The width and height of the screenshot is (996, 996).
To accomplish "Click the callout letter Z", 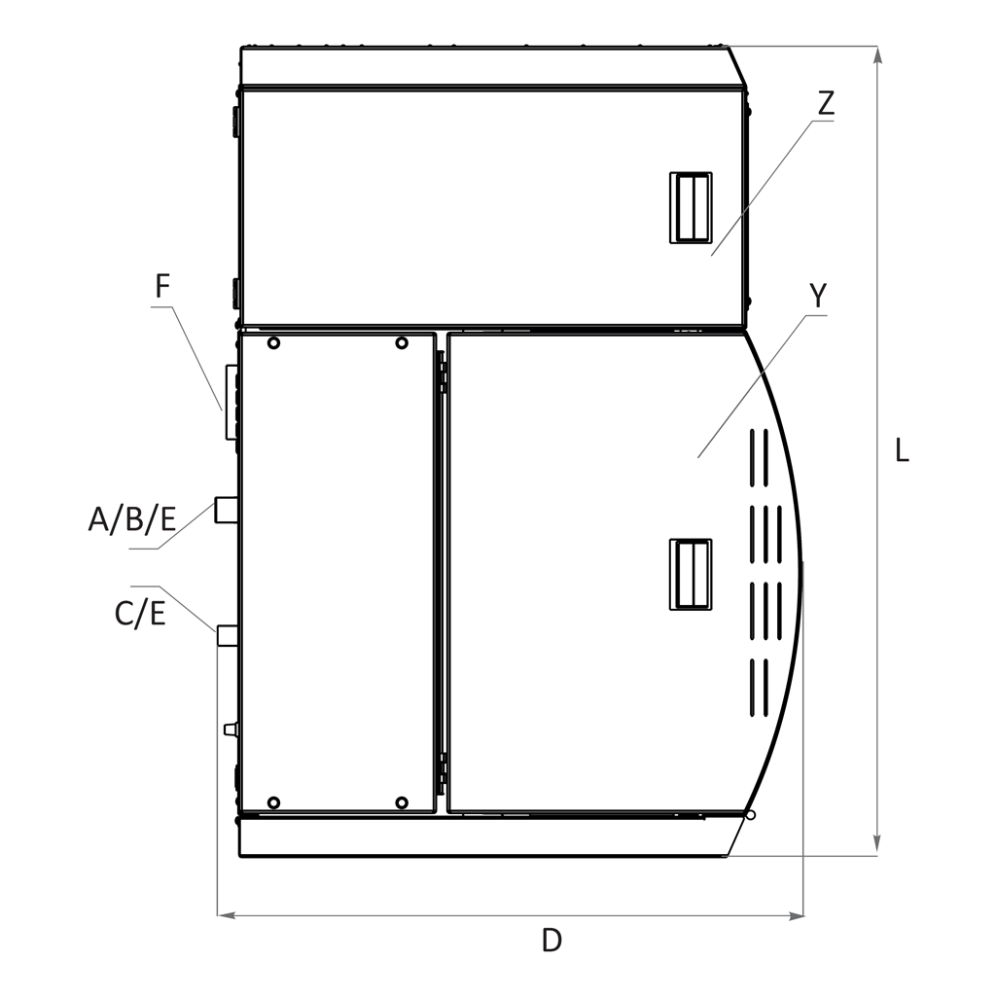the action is [x=825, y=103].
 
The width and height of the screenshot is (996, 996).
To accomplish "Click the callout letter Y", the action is [x=818, y=296].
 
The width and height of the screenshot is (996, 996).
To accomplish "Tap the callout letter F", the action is [x=162, y=286].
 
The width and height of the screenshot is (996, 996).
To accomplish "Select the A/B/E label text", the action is [x=132, y=519].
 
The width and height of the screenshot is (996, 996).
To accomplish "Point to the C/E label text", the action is [x=140, y=615].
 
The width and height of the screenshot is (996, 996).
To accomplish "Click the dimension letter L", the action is [x=902, y=450].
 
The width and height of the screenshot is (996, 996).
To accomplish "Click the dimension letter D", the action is [x=551, y=941].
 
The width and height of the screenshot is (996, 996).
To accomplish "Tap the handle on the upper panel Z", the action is [x=691, y=207].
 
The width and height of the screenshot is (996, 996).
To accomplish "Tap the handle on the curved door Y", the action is [x=691, y=574].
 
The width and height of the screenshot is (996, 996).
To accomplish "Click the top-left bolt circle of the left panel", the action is [x=273, y=343].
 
